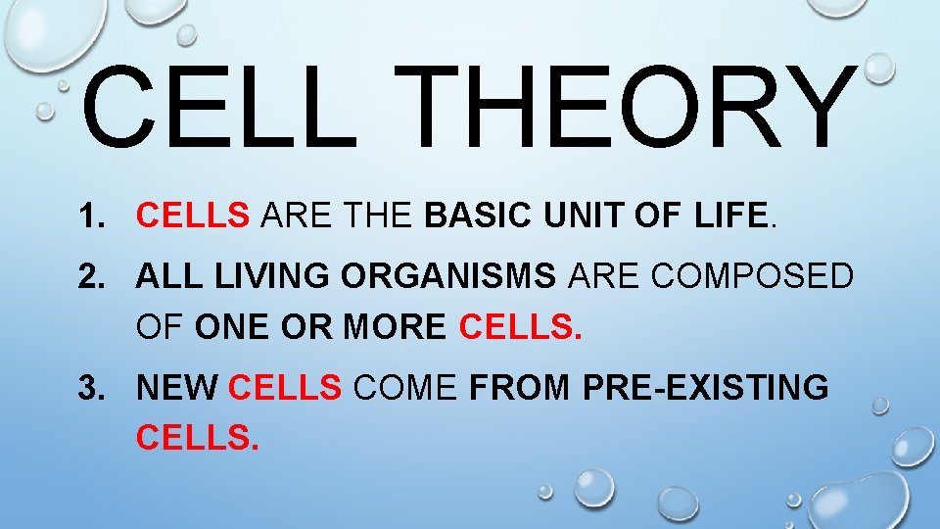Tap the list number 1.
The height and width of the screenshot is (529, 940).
coord(96,215)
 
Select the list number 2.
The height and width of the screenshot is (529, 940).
coord(96,277)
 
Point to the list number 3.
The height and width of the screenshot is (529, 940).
coord(96,389)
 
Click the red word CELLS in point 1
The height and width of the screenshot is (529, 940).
coord(194,215)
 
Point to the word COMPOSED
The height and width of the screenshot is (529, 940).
coord(752,277)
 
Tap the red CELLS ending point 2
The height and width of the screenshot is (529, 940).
coord(520,327)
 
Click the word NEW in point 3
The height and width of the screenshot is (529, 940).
coord(177,389)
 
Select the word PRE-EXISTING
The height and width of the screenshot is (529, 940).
coord(705,389)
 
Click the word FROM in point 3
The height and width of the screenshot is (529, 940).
coord(521,389)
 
